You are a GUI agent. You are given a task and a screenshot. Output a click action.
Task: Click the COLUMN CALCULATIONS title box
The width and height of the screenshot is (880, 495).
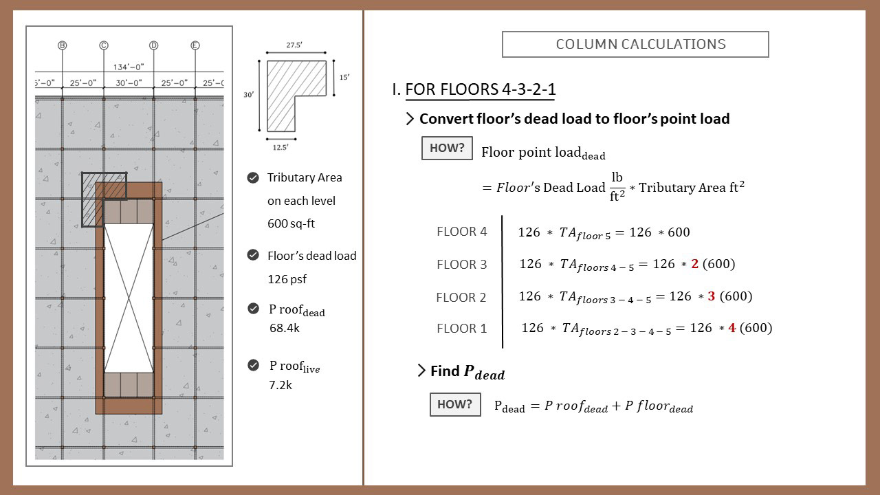point(635,45)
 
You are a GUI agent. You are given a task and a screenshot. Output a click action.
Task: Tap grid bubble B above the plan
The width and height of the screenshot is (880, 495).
point(62,45)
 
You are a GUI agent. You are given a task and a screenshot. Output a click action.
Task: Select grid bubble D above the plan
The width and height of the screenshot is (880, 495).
point(153,45)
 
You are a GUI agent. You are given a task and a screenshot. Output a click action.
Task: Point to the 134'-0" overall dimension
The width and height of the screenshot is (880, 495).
point(129,67)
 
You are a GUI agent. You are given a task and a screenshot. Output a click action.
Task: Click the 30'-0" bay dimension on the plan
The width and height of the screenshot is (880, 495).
point(129,83)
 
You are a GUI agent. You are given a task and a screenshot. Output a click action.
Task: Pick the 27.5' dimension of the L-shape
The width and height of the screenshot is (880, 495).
point(294,45)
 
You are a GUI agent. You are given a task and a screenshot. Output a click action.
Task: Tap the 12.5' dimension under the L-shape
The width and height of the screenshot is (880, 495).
point(280,146)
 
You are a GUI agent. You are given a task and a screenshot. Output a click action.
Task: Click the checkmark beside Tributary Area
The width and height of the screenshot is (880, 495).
point(253,178)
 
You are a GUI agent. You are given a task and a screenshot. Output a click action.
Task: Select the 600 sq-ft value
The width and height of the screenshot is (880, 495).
point(291,224)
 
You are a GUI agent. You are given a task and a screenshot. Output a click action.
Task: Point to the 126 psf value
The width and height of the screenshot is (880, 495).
point(287,279)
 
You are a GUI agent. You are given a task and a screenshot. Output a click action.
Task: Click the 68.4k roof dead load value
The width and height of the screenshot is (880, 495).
point(285,329)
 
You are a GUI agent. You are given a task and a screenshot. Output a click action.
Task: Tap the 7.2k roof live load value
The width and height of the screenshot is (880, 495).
point(280,385)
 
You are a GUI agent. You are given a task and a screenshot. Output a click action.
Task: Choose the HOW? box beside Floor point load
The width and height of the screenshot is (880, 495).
point(447,148)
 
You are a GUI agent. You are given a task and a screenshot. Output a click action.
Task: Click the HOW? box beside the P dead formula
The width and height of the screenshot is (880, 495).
point(454,404)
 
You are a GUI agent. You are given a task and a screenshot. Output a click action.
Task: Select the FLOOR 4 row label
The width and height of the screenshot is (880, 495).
point(461,232)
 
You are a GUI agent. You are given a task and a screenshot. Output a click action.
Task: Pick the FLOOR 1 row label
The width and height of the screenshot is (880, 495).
point(461,329)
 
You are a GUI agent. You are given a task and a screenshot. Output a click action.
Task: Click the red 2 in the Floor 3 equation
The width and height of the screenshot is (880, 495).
point(695,264)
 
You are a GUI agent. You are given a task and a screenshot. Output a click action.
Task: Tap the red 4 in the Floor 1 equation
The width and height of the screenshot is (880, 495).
point(732,328)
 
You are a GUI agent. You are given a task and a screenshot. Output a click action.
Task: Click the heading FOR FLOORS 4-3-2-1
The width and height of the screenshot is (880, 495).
point(481,90)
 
